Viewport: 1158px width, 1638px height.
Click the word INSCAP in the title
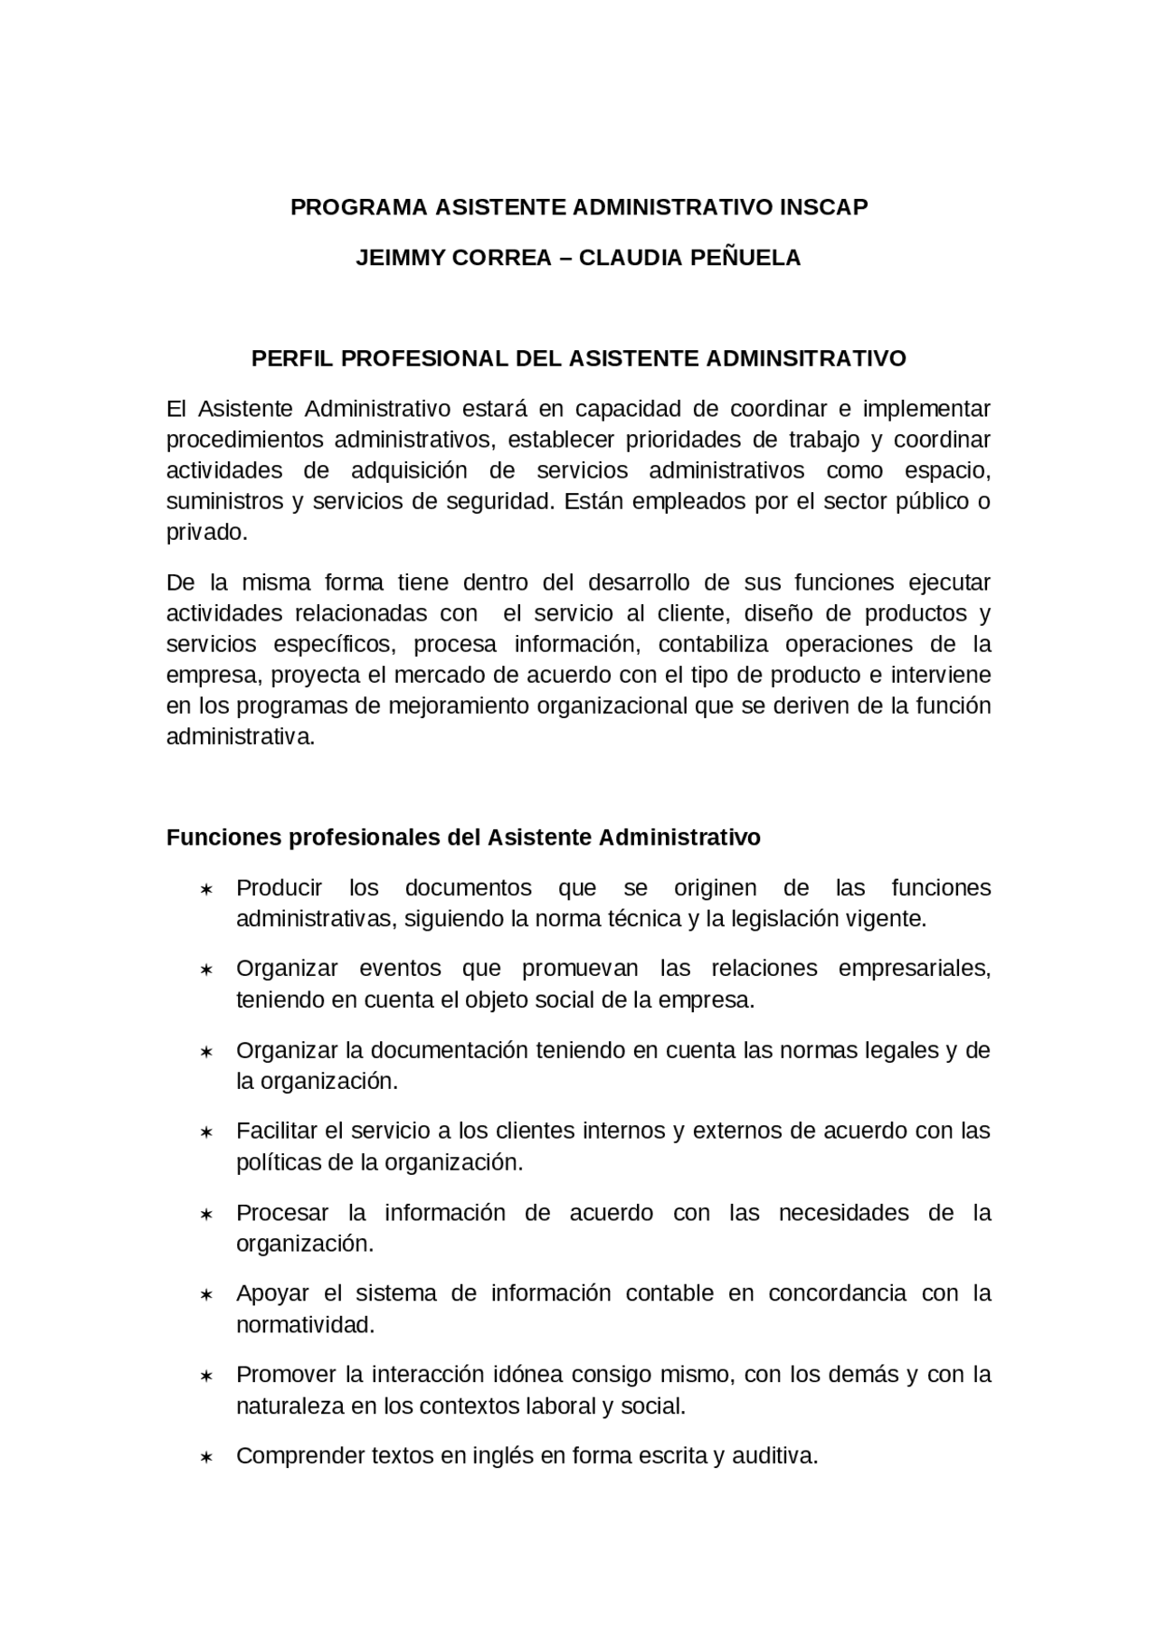click(822, 207)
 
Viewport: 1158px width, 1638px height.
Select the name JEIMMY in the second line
click(397, 258)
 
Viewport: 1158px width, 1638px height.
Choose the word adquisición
click(409, 470)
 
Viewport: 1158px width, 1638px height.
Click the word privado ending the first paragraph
click(204, 532)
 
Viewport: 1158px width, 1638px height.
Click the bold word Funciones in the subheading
click(223, 838)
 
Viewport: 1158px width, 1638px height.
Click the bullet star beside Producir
click(206, 890)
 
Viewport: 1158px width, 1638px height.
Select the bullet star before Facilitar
click(206, 1132)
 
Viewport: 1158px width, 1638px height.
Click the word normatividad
click(304, 1325)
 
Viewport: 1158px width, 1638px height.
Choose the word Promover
click(286, 1375)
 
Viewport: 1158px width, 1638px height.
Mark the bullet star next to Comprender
click(206, 1458)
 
